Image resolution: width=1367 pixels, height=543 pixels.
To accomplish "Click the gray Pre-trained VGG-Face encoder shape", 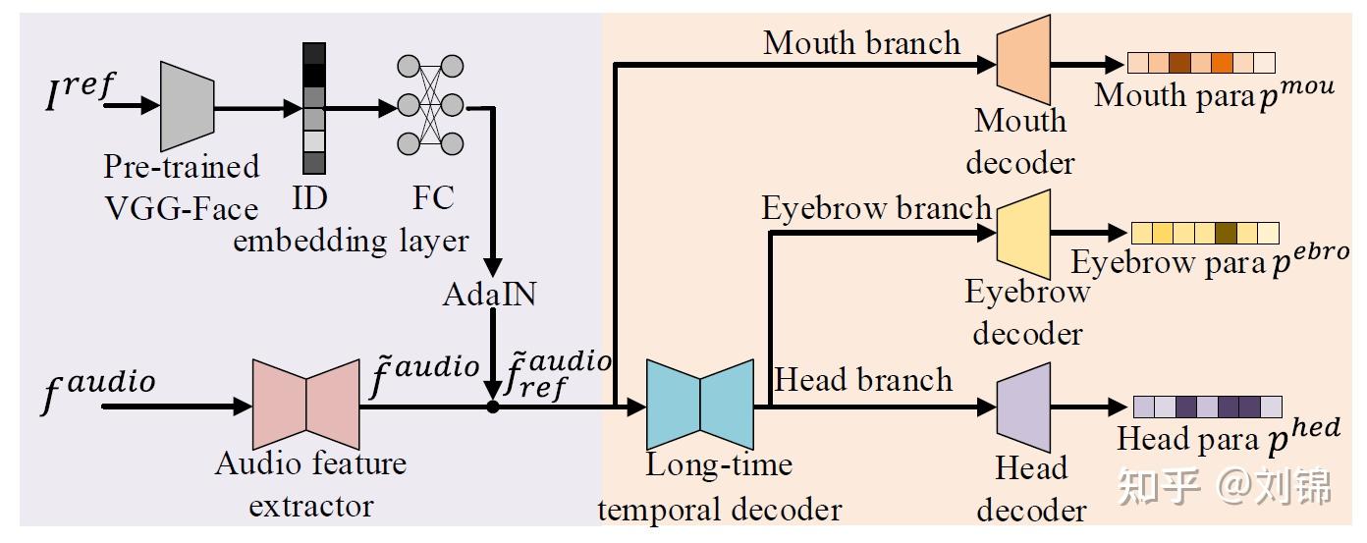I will point(187,100).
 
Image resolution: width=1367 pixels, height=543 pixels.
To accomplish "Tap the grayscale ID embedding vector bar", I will point(313,109).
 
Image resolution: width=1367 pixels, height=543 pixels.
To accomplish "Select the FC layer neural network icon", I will point(429,104).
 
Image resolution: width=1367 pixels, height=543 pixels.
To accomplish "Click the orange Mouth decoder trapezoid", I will point(1023,57).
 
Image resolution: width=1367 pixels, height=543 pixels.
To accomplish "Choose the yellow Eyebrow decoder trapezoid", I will point(1023,235).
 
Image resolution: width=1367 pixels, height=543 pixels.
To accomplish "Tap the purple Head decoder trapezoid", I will point(1023,407).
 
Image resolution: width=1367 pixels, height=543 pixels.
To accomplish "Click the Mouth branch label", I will point(861,42).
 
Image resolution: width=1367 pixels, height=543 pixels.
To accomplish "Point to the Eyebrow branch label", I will point(876,208).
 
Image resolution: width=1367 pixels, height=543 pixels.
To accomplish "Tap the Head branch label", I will point(863,380).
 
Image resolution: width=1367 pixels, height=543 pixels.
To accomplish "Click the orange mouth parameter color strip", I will point(1200,64).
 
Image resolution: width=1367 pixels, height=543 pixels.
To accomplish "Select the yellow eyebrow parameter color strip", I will point(1205,233).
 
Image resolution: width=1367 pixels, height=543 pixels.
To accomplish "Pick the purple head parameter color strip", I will point(1207,407).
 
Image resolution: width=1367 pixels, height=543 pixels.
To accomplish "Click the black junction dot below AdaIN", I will point(492,407).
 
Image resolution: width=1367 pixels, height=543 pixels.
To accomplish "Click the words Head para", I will point(1187,439).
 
